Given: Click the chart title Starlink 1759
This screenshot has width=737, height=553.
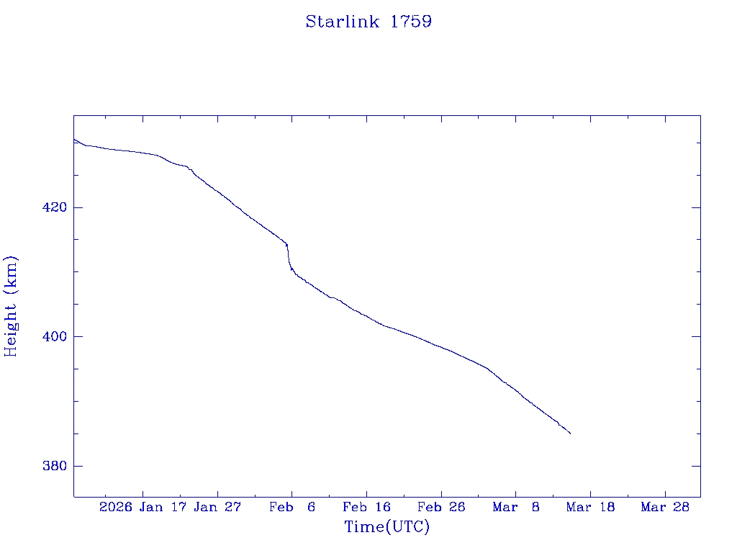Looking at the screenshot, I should [x=368, y=22].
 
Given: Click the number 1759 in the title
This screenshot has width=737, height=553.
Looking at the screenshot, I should [x=411, y=22].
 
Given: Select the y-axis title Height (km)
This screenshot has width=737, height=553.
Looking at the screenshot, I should [x=11, y=305].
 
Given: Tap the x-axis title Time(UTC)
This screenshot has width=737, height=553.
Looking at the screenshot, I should [x=387, y=527].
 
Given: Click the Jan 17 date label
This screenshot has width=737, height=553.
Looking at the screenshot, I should [x=165, y=507].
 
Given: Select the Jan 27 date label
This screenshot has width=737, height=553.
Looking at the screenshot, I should [x=218, y=507].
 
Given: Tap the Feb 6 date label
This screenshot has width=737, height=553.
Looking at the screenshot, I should [x=292, y=507].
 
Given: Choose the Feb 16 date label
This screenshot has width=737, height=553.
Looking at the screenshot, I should [x=367, y=507].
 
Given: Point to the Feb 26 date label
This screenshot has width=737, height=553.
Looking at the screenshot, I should [x=441, y=507].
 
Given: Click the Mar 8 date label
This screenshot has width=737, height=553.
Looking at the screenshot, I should [x=516, y=507].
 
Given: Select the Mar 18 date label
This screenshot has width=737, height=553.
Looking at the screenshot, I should [x=591, y=507].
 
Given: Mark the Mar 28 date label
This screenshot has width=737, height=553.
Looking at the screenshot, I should [x=665, y=507].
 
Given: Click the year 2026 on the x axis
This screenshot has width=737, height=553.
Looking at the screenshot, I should [x=116, y=507].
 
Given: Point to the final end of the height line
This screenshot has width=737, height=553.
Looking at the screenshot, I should [x=570, y=433].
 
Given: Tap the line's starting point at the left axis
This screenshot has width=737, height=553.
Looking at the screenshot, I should [x=74, y=139].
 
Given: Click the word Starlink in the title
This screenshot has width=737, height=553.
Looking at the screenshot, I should [x=344, y=22].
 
